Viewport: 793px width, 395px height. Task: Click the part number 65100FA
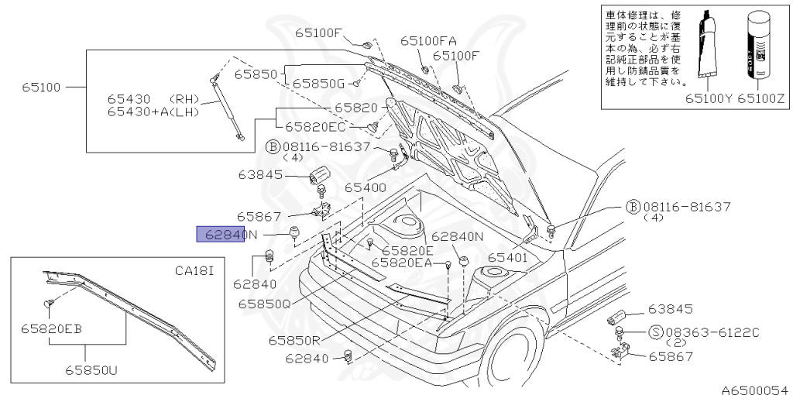427,41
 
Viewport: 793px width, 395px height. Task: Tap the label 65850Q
264,304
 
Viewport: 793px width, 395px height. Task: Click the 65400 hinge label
366,187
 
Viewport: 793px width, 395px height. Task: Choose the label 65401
508,257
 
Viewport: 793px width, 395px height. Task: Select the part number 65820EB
52,328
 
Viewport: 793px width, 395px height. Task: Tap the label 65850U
91,370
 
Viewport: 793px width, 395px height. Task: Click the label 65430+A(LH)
153,112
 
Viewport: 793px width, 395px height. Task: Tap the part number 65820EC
316,127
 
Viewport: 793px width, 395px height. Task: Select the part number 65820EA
403,263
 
